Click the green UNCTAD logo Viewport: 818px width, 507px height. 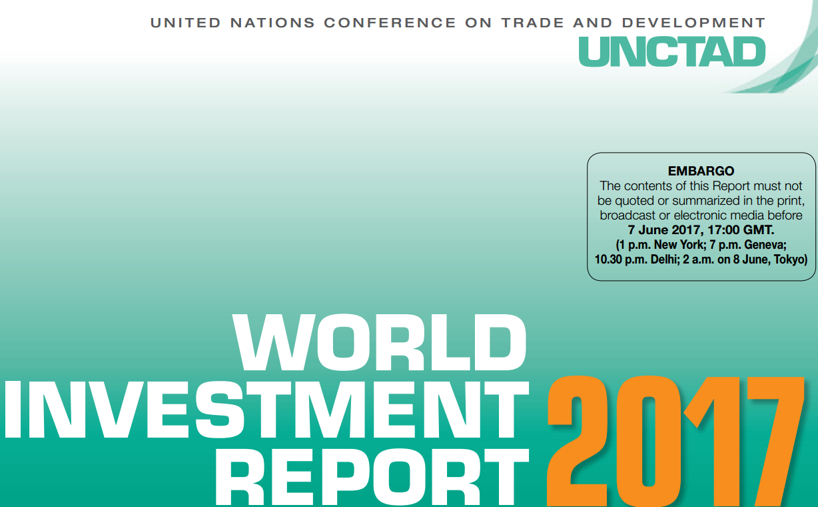click(672, 51)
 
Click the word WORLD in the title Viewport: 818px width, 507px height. click(380, 343)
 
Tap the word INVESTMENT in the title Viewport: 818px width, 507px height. click(266, 409)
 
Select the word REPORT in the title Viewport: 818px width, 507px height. click(372, 478)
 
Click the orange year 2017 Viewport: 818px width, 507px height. click(675, 442)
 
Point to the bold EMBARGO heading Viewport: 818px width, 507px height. click(701, 171)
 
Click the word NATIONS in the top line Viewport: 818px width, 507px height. click(272, 23)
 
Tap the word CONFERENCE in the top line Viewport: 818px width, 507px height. click(390, 23)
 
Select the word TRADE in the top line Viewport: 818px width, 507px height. click(532, 23)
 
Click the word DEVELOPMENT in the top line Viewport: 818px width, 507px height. click(693, 23)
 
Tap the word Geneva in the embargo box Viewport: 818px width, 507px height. click(765, 244)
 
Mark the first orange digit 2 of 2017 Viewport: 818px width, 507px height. click(578, 442)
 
